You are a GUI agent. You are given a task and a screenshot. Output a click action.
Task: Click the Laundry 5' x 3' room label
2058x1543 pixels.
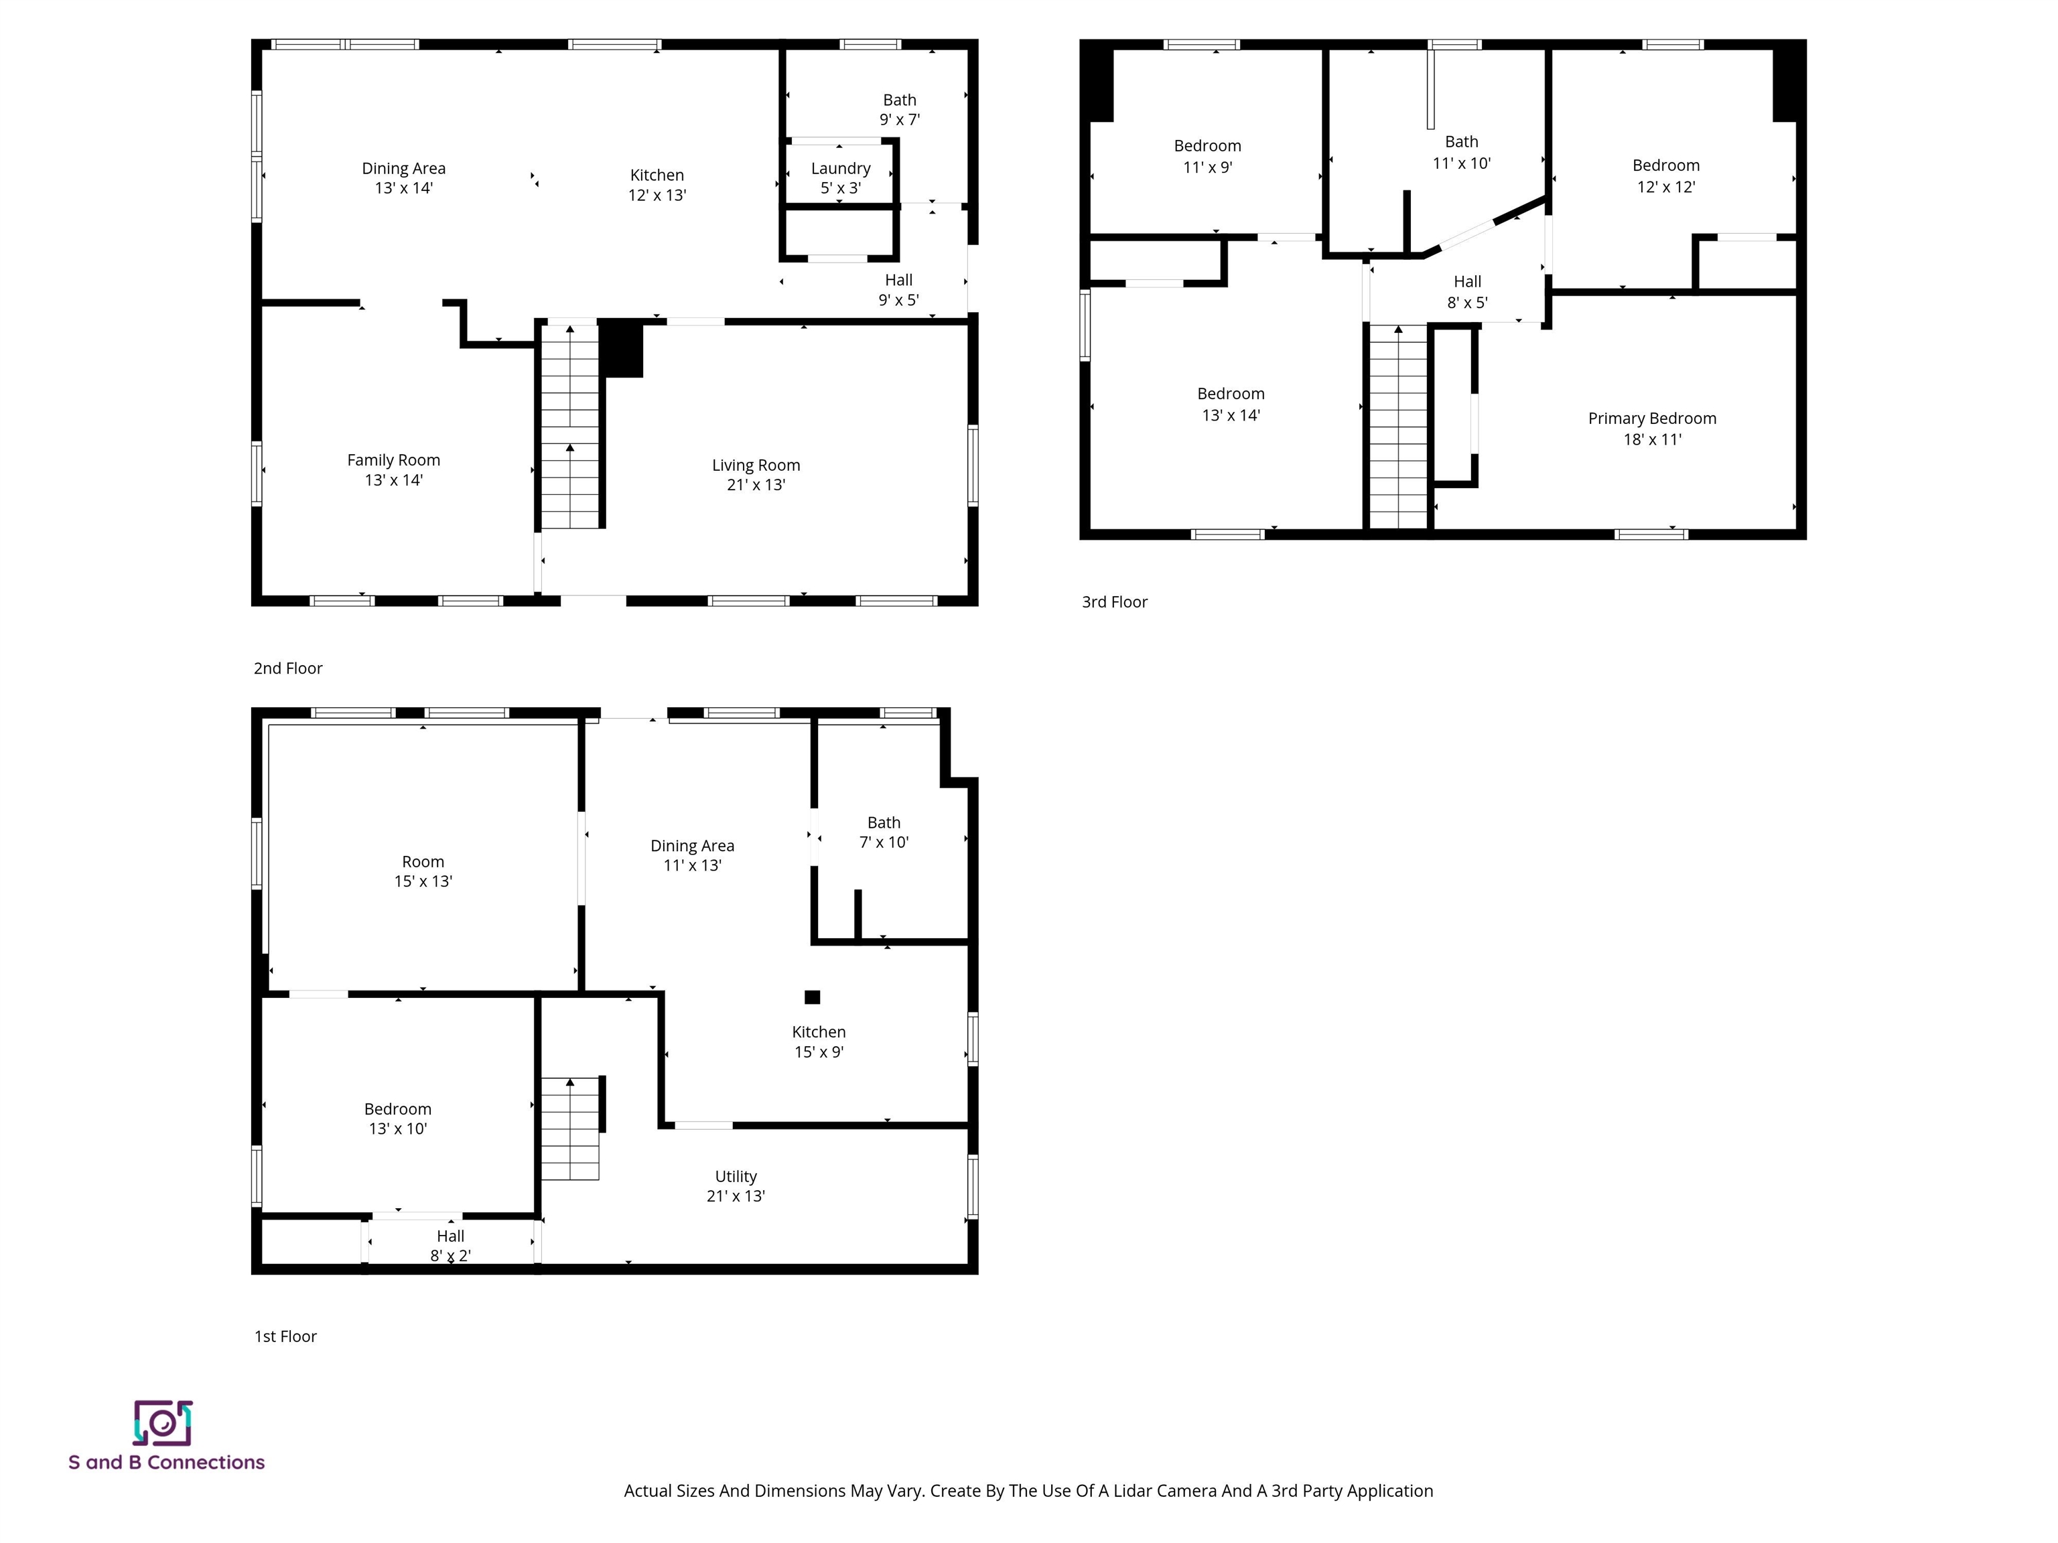pyautogui.click(x=840, y=177)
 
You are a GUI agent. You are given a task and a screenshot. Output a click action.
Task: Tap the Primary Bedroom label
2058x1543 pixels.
pyautogui.click(x=1651, y=429)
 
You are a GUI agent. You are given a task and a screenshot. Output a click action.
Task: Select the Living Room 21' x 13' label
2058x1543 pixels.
pyautogui.click(x=756, y=474)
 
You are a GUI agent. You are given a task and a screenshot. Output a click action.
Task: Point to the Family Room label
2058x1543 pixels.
pyautogui.click(x=393, y=469)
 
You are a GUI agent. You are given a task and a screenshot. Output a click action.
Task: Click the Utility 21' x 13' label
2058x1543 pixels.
pyautogui.click(x=735, y=1186)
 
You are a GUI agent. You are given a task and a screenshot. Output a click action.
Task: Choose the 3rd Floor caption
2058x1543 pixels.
pyautogui.click(x=1113, y=602)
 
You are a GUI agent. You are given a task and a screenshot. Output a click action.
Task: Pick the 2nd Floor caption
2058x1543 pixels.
pyautogui.click(x=287, y=668)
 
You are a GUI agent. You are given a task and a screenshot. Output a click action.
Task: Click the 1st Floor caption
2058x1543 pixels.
pyautogui.click(x=285, y=1335)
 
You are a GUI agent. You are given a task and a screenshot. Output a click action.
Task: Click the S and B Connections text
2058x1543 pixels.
pyautogui.click(x=167, y=1462)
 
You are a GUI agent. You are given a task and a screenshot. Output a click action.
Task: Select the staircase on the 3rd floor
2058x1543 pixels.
pyautogui.click(x=1397, y=428)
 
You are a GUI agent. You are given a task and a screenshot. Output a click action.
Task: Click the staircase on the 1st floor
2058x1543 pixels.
pyautogui.click(x=569, y=1128)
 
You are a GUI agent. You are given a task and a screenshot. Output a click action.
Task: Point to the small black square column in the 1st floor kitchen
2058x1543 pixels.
pyautogui.click(x=812, y=997)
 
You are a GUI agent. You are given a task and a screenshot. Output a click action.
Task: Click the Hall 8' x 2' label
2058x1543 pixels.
pyautogui.click(x=450, y=1246)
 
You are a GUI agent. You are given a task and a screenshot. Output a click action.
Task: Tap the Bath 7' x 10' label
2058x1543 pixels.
pyautogui.click(x=883, y=832)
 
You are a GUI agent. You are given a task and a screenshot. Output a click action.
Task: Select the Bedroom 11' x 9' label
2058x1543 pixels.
pyautogui.click(x=1207, y=156)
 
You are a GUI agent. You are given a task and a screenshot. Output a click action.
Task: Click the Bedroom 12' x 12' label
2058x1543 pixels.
pyautogui.click(x=1665, y=175)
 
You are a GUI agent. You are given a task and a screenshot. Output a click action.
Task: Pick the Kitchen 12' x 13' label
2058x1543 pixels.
pyautogui.click(x=657, y=185)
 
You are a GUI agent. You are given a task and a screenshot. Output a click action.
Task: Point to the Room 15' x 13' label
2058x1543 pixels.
pyautogui.click(x=423, y=871)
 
